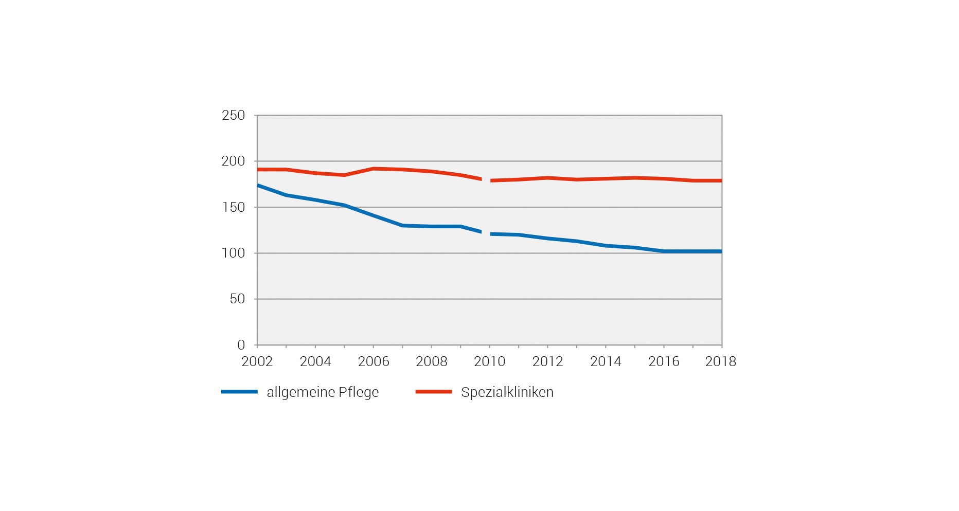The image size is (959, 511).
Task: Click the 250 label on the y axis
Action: (233, 115)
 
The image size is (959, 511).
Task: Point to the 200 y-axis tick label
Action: (233, 161)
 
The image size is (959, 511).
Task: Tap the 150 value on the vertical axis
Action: (233, 207)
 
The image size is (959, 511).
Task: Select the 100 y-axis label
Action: (233, 253)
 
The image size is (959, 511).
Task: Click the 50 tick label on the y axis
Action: (237, 299)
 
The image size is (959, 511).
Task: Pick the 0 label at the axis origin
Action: (241, 345)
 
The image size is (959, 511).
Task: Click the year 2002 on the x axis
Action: (257, 361)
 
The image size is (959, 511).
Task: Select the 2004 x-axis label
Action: (315, 361)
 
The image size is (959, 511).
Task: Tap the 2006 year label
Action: (373, 361)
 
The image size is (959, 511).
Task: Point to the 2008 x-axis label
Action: (431, 361)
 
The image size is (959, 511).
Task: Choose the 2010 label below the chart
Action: (489, 361)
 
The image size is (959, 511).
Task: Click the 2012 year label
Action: (547, 361)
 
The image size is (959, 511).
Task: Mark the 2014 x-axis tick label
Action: (606, 361)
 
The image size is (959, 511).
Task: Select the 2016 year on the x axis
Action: (664, 361)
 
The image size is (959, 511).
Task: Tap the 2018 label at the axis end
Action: (720, 361)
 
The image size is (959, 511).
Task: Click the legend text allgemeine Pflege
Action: (323, 392)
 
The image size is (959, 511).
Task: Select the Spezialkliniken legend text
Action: (507, 392)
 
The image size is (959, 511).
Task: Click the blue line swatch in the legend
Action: (239, 392)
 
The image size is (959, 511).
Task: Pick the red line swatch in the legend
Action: (433, 392)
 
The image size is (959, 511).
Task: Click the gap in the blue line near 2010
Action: (486, 233)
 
